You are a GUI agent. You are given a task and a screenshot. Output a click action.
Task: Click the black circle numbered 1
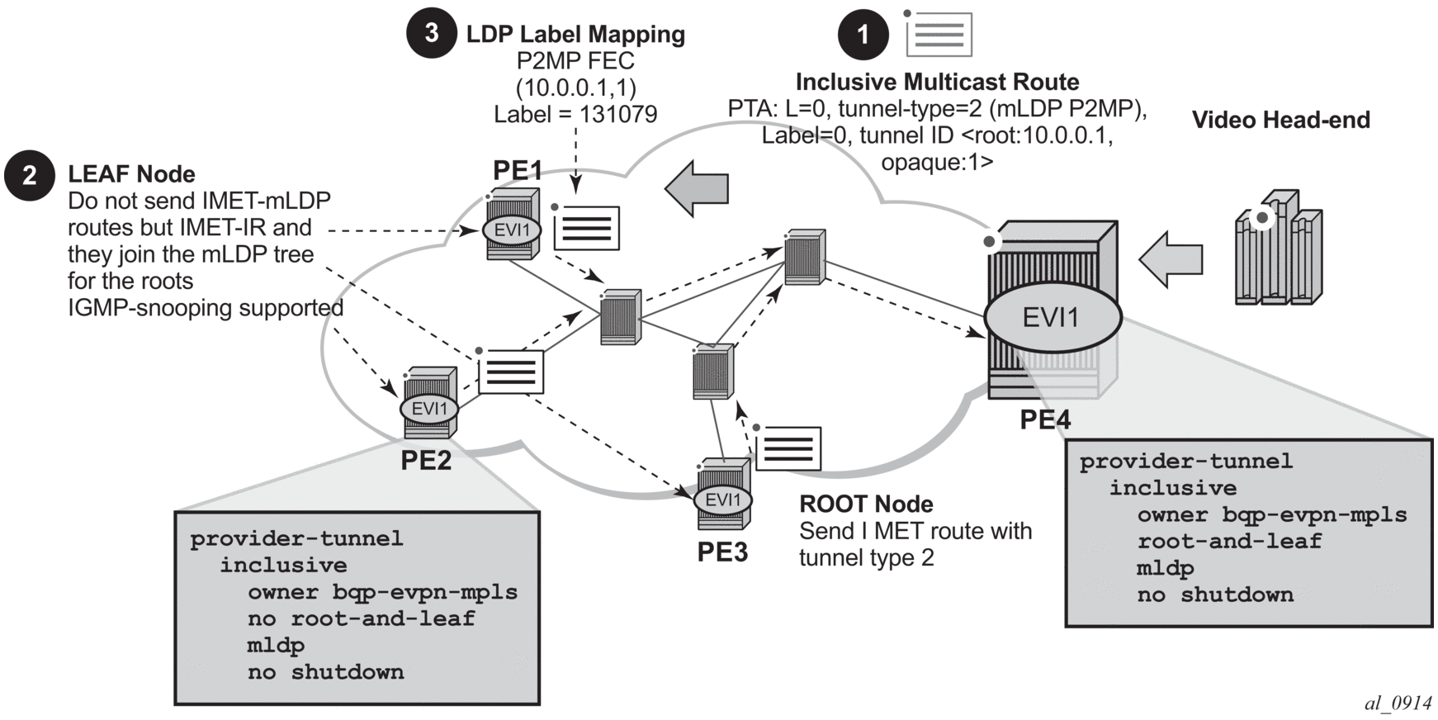coord(863,35)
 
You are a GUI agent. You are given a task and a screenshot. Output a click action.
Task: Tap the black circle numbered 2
coord(30,175)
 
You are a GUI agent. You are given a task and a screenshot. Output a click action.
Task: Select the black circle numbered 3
coord(431,33)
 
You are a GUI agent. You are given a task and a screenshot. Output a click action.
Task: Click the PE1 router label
coord(518,170)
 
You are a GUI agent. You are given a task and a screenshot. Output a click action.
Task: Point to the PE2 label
coord(426,460)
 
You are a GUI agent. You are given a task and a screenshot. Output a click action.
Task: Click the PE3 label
coord(722,552)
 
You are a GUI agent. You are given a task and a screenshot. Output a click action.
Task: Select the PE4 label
coord(1045,419)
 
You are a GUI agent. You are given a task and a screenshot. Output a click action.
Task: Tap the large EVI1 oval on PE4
coord(1052,317)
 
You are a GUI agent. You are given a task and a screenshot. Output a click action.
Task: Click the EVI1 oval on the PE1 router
coord(512,230)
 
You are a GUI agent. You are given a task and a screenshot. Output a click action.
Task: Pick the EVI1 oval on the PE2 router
coord(429,408)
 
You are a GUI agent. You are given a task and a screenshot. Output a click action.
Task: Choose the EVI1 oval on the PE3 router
coord(723,500)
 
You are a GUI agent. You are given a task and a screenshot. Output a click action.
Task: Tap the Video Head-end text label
coord(1280,121)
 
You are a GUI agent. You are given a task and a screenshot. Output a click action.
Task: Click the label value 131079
coord(618,114)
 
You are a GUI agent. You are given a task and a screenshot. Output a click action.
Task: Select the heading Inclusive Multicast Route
coord(937,82)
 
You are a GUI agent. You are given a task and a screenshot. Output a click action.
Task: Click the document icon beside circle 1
coord(939,35)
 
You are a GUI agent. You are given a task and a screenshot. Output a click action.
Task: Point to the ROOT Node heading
coord(866,504)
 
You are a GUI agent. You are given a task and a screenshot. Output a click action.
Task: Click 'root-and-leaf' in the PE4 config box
coord(1229,541)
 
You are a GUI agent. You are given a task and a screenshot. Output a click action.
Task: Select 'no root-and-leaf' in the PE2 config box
coord(362,618)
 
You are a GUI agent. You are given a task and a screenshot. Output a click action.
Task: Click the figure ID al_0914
coord(1398,703)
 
